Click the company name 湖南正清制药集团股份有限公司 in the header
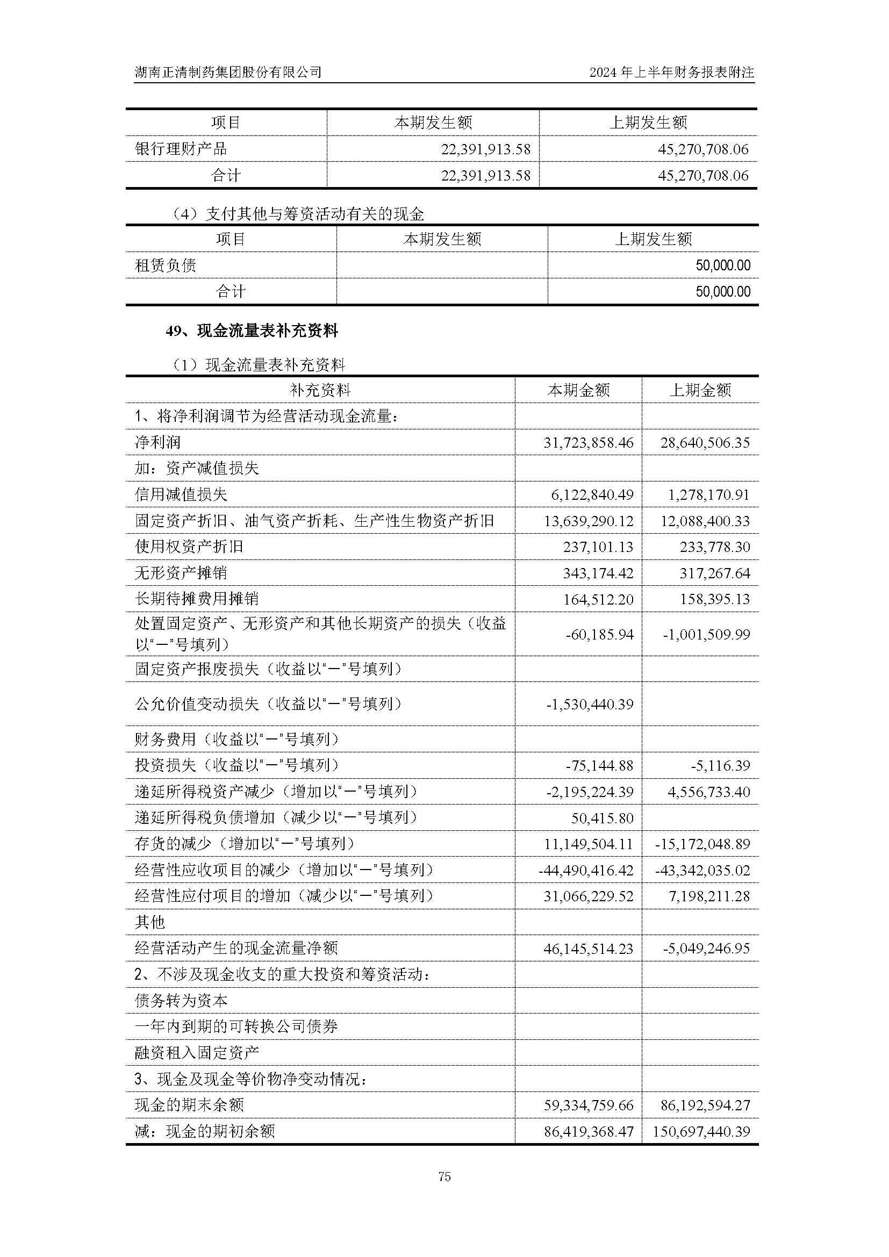point(228,71)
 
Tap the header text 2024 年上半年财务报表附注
point(671,71)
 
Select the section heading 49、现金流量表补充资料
point(252,331)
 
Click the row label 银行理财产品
point(181,149)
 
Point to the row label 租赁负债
point(166,265)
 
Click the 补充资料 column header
point(320,390)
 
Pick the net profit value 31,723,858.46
point(588,442)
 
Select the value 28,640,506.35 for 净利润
point(705,442)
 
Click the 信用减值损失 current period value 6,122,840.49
point(592,495)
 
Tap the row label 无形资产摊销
point(181,573)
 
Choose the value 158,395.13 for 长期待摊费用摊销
point(715,599)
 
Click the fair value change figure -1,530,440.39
point(590,704)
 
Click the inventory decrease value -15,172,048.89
point(702,844)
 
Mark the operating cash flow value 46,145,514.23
point(588,949)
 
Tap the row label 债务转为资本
point(181,1001)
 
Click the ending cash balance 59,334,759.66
point(588,1105)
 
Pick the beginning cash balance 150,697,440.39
point(701,1132)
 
